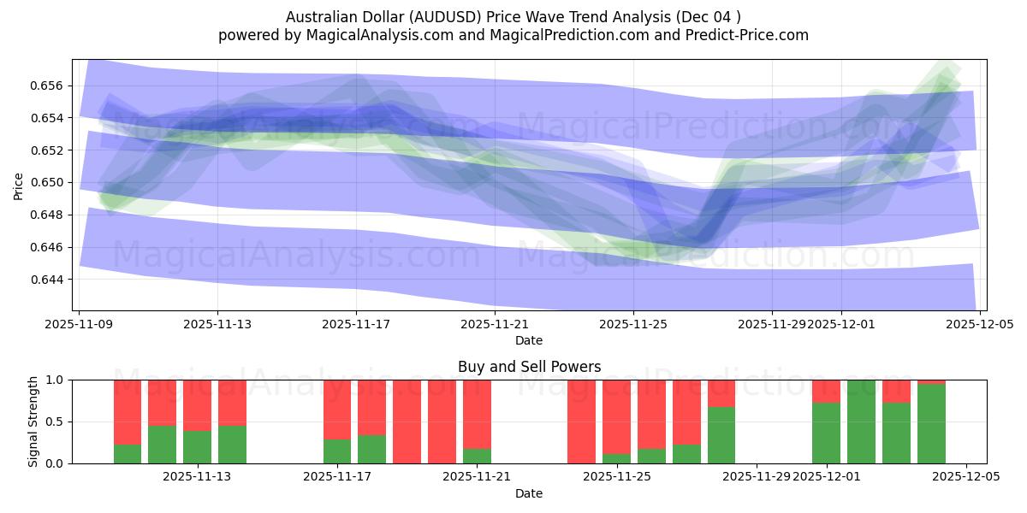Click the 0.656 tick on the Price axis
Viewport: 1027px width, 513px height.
(51, 85)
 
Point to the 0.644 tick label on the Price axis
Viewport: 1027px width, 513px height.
(51, 280)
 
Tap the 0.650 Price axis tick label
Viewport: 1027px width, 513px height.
(51, 182)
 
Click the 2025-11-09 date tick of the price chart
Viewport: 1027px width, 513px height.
(79, 325)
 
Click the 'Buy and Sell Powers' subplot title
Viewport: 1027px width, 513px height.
(529, 367)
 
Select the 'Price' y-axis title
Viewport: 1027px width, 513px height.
(19, 185)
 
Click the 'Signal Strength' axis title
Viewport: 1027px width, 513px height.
(33, 422)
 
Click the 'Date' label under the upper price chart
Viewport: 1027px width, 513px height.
(529, 340)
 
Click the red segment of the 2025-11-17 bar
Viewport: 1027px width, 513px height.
(337, 409)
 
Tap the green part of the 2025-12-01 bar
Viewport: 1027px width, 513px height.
(826, 433)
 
